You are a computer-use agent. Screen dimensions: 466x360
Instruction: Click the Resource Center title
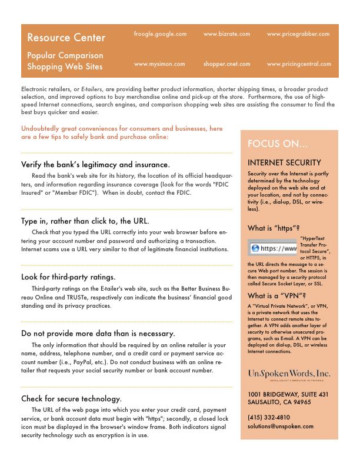pyautogui.click(x=66, y=38)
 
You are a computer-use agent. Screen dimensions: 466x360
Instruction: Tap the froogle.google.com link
pyautogui.click(x=160, y=35)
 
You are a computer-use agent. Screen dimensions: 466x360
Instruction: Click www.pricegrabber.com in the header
pyautogui.click(x=298, y=35)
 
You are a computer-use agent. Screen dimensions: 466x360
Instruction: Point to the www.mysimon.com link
pyautogui.click(x=159, y=64)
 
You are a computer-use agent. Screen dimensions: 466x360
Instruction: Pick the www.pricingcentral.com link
pyautogui.click(x=298, y=64)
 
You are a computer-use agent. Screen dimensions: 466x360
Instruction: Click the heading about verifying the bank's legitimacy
pyautogui.click(x=95, y=165)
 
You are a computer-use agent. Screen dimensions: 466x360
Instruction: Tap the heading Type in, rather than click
pyautogui.click(x=85, y=221)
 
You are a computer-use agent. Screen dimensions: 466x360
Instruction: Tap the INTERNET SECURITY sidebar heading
pyautogui.click(x=284, y=163)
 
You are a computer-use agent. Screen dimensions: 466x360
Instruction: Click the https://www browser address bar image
pyautogui.click(x=272, y=249)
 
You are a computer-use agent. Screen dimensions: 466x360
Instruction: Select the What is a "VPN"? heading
pyautogui.click(x=276, y=295)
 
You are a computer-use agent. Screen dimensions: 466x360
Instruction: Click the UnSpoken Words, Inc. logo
pyautogui.click(x=289, y=375)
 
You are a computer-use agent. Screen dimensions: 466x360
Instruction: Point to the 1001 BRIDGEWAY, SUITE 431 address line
pyautogui.click(x=288, y=394)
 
